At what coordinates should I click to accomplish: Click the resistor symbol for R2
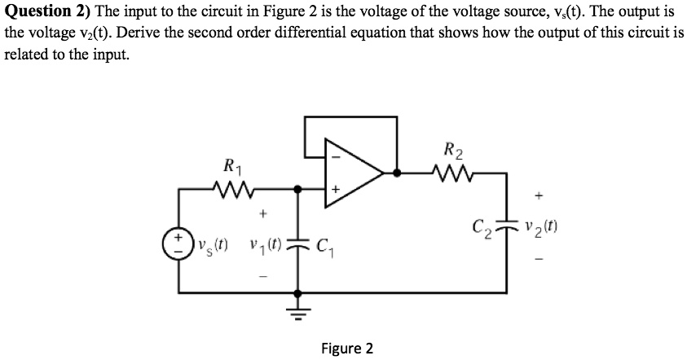(449, 172)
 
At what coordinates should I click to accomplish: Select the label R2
(453, 149)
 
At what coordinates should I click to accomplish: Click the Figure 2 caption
(346, 349)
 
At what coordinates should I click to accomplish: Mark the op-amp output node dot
(397, 173)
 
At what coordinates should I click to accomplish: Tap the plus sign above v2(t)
(538, 196)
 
